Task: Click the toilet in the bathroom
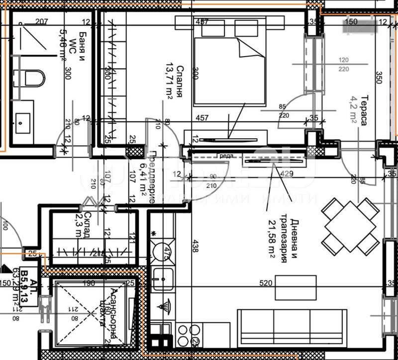click(x=34, y=78)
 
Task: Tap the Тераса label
click(x=364, y=110)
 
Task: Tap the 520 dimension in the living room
click(x=266, y=283)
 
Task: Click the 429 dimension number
click(x=286, y=174)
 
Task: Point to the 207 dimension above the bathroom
click(x=41, y=21)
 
